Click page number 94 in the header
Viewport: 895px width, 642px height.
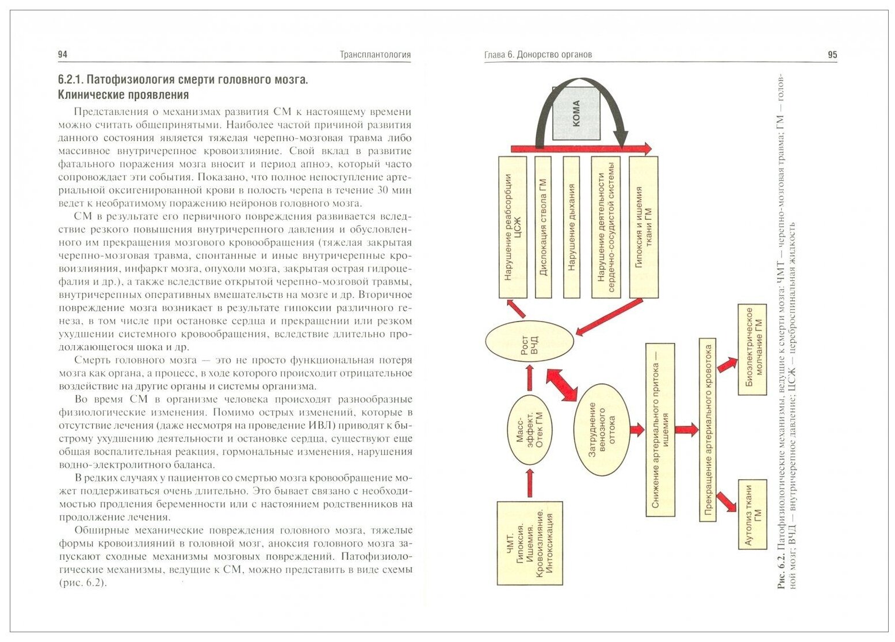coord(63,55)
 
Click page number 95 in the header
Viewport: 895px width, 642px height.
coord(832,55)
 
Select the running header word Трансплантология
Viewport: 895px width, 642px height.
coord(375,55)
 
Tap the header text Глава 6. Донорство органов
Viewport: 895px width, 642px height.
coord(538,55)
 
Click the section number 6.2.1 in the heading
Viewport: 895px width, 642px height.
coord(73,79)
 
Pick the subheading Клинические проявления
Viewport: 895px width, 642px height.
coord(124,95)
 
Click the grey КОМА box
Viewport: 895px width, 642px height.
coord(576,114)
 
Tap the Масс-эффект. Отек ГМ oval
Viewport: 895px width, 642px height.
coord(529,430)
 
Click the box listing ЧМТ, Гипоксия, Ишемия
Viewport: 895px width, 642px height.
coord(529,542)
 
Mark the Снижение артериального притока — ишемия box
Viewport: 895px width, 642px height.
coord(660,430)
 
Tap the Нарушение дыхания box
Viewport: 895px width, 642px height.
coord(572,227)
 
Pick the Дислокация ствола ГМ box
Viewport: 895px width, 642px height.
coord(543,227)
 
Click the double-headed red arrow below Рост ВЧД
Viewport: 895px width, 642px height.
coord(561,386)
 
